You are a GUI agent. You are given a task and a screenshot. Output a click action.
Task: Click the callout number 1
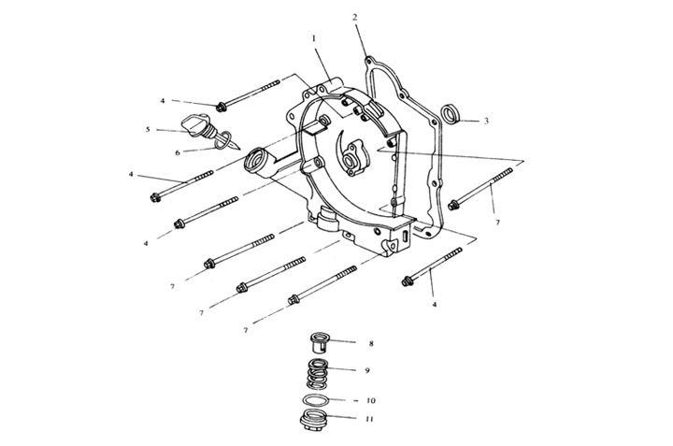[x=314, y=38]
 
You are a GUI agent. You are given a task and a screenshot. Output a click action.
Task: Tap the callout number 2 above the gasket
[x=354, y=17]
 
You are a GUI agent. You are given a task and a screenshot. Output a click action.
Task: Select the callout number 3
[x=486, y=121]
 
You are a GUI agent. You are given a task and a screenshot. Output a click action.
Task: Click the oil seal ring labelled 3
[x=451, y=114]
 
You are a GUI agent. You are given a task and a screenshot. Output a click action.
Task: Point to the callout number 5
[x=148, y=129]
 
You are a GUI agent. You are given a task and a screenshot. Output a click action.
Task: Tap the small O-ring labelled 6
[x=222, y=141]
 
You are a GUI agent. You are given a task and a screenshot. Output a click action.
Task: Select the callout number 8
[x=371, y=343]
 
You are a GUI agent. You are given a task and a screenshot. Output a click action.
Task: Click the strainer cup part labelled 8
[x=320, y=342]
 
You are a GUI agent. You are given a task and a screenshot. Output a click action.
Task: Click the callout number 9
[x=367, y=370]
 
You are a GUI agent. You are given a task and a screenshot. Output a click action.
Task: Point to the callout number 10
[x=371, y=400]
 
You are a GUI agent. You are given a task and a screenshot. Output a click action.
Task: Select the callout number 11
[x=369, y=419]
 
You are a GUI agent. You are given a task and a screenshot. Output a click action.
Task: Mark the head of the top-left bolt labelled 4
[x=221, y=107]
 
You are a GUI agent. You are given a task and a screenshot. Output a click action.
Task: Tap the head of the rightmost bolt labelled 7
[x=453, y=205]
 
